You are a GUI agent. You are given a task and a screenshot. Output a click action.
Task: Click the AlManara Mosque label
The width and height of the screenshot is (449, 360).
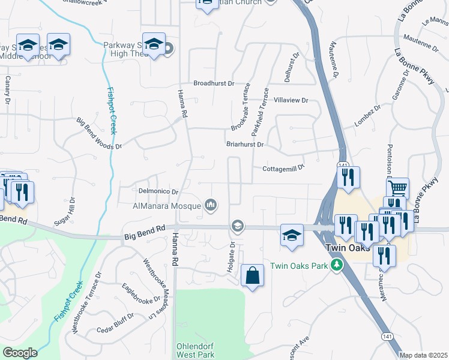pos(166,206)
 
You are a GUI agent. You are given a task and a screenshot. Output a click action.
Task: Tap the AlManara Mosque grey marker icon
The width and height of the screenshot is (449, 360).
pos(210,206)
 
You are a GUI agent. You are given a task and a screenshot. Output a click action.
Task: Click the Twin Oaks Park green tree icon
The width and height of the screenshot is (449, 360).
pos(338,265)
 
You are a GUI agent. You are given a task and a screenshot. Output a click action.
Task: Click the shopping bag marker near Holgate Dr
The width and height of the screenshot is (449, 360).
pos(253,277)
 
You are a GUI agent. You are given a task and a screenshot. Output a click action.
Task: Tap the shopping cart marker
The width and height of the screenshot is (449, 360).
pos(397,188)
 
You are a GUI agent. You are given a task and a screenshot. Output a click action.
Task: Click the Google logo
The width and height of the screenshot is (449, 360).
pos(19,352)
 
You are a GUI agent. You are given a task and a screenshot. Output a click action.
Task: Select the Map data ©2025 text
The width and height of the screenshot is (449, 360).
pos(424,355)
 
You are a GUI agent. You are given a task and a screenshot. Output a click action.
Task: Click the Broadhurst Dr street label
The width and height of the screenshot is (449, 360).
pos(213,83)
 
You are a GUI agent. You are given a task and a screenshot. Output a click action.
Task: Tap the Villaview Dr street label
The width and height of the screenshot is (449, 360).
pos(291,101)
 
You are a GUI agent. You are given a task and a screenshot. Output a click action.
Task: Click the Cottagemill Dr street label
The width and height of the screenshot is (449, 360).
pos(284,169)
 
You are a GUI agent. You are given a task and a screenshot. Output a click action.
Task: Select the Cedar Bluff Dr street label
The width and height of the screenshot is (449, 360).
pos(116,323)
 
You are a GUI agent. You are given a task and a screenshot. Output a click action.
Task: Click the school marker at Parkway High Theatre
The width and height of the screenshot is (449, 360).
pos(154,44)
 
